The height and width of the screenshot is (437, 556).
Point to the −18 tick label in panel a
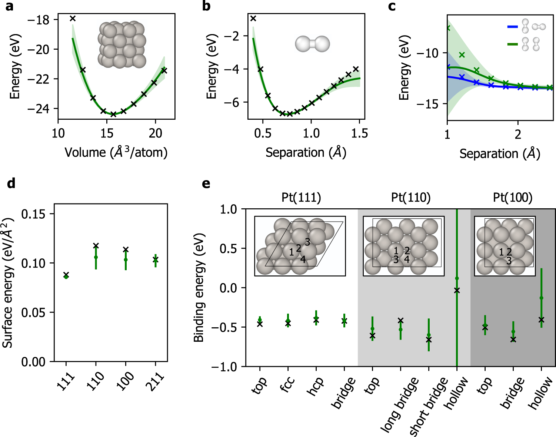coord(38,20)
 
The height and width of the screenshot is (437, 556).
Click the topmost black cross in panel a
coord(73,18)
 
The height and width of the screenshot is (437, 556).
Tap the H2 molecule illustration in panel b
coord(312,44)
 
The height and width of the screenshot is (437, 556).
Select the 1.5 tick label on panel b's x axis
coord(359,133)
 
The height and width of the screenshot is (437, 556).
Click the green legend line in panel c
coord(512,44)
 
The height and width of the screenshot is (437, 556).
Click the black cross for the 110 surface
coord(96,246)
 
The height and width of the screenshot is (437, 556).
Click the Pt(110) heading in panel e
coord(411,198)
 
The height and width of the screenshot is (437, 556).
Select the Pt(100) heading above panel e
coord(513,198)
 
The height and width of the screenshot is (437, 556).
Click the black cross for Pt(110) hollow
coord(457,291)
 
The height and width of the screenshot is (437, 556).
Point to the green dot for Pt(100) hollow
coord(541,298)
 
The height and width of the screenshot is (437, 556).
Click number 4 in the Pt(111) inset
coord(303,259)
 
